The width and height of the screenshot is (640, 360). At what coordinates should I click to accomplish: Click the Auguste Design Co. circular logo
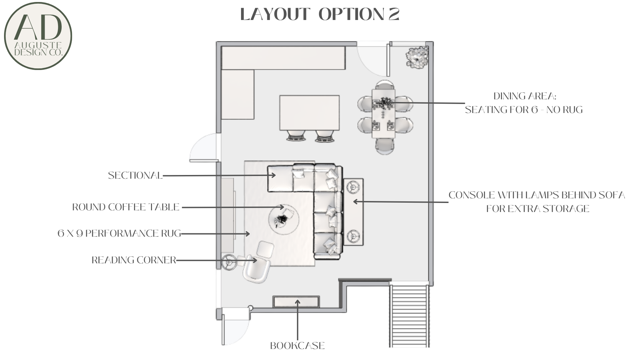click(38, 36)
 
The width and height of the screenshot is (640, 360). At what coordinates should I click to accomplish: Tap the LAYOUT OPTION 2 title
click(320, 14)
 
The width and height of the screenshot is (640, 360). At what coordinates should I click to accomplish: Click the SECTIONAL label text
click(135, 175)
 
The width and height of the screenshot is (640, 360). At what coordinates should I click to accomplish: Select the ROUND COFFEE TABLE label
click(126, 207)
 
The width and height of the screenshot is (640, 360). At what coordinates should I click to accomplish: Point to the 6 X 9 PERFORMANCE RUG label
click(119, 233)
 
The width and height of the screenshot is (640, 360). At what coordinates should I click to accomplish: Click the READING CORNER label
click(134, 260)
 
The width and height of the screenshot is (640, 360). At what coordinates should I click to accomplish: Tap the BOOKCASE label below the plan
click(297, 346)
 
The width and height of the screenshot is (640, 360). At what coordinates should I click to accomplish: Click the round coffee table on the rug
click(284, 220)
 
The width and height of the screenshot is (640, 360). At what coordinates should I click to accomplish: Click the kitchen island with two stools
click(309, 113)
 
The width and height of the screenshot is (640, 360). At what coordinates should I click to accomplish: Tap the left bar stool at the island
click(295, 136)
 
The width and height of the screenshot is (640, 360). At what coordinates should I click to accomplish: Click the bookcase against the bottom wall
click(296, 302)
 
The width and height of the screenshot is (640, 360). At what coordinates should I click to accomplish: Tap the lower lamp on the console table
click(353, 236)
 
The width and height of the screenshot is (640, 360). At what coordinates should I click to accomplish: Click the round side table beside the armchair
click(230, 263)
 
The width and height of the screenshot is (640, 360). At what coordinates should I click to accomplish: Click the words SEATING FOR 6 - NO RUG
click(524, 110)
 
